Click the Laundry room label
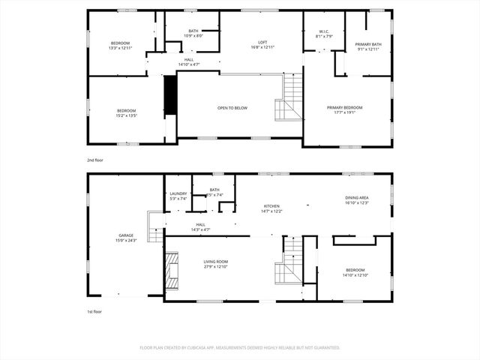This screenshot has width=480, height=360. tap(178, 196)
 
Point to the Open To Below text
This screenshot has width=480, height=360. tap(232, 108)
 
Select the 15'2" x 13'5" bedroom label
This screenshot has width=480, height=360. tap(126, 113)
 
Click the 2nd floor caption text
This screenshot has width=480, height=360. tap(95, 160)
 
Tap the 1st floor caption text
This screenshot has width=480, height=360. tap(94, 311)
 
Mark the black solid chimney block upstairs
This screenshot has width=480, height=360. tap(170, 95)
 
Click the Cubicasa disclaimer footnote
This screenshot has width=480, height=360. tap(240, 347)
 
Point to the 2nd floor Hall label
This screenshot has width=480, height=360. tap(188, 62)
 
